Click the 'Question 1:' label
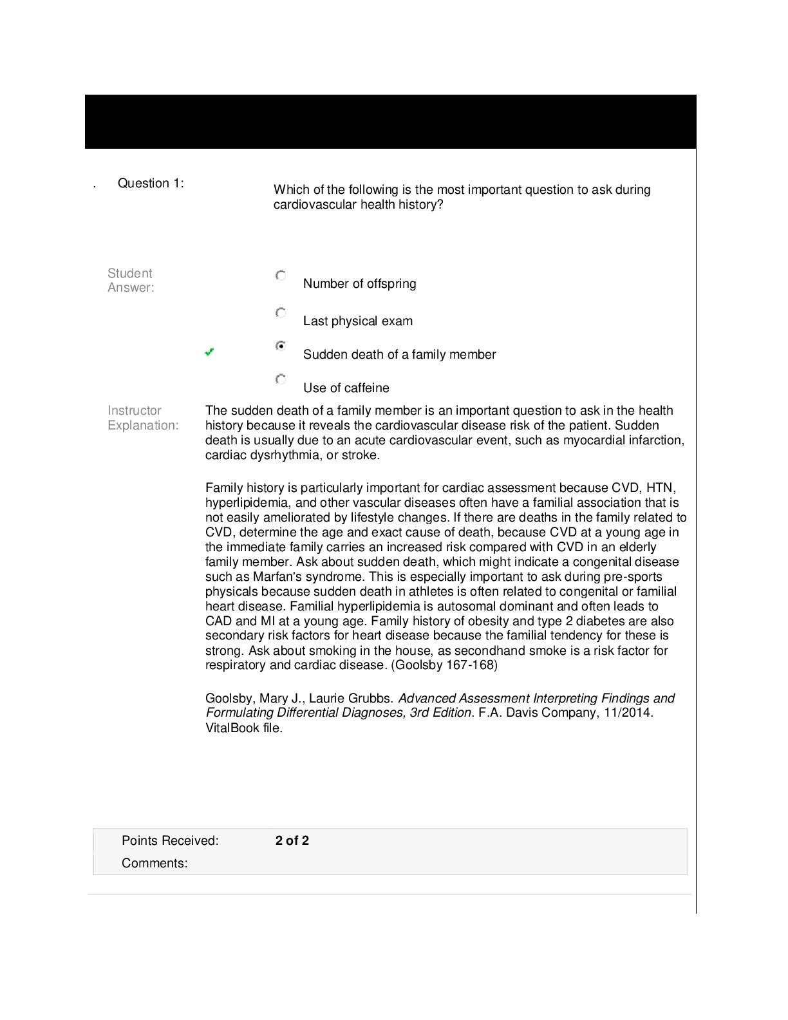(151, 184)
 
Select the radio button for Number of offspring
(281, 276)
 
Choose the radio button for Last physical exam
(281, 313)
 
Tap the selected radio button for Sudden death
(281, 346)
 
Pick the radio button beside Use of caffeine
(281, 379)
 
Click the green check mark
(209, 352)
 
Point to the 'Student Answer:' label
(131, 281)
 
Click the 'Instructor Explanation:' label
(143, 418)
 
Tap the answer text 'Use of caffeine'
(346, 388)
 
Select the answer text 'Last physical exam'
(357, 321)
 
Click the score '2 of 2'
(292, 841)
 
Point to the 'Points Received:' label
(170, 841)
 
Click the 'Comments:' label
(155, 864)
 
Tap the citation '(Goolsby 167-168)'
(444, 665)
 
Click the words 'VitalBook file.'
(244, 728)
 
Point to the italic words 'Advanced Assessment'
(464, 699)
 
